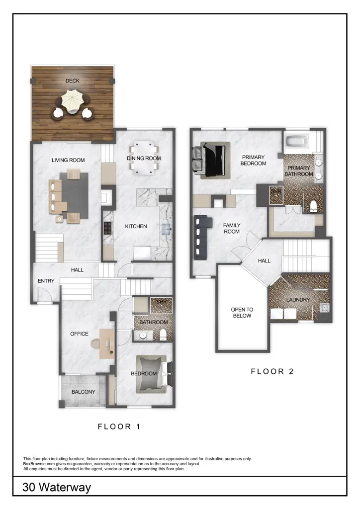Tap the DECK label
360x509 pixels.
[x=73, y=81]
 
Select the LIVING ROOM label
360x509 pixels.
[x=69, y=160]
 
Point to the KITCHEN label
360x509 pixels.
[x=136, y=226]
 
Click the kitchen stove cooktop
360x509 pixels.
[x=107, y=228]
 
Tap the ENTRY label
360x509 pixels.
[x=46, y=281]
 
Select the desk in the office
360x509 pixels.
[x=107, y=343]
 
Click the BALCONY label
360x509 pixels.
[x=83, y=392]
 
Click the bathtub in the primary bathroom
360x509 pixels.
[x=297, y=142]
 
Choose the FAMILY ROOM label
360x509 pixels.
[x=231, y=228]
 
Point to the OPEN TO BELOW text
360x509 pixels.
[x=241, y=313]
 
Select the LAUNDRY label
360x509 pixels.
[x=298, y=300]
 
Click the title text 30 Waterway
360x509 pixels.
[x=57, y=487]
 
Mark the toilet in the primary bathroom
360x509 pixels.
[x=313, y=206]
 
